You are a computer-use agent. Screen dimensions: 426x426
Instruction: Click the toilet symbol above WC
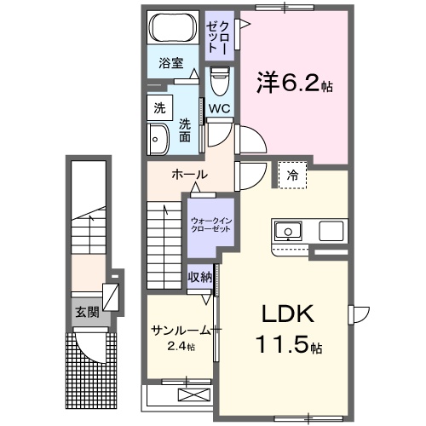(x=219, y=81)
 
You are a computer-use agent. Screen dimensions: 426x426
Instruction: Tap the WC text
(x=219, y=109)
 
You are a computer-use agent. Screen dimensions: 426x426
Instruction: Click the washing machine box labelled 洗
(x=160, y=108)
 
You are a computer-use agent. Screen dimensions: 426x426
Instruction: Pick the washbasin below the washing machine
(x=160, y=140)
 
